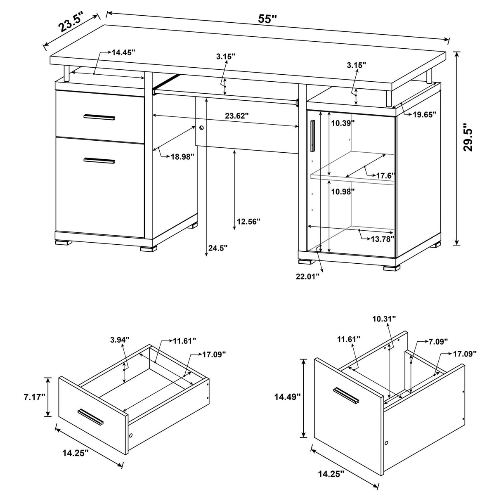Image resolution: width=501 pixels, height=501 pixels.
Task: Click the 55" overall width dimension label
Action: pos(268,19)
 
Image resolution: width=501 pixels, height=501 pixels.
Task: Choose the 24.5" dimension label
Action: pos(217,248)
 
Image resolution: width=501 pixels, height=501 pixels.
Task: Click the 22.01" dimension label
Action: pos(307,276)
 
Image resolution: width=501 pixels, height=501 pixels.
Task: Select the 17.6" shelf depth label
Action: pos(385,176)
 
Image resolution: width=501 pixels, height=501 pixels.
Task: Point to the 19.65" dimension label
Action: pos(425,115)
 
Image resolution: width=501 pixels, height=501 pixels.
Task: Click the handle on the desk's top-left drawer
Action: pos(99,117)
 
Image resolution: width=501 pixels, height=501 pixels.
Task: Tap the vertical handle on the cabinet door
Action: pos(313,136)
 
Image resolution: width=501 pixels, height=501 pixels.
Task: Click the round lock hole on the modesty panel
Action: pos(201,128)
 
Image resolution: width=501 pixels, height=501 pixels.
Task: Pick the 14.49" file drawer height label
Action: pos(287,397)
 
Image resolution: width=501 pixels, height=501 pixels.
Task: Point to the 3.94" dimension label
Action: pos(120,340)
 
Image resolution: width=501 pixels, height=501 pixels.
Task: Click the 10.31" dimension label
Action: pos(384,319)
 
